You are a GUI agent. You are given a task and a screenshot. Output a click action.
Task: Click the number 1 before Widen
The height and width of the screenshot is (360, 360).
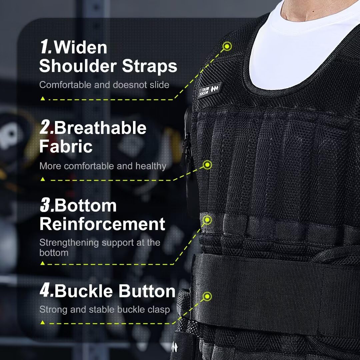tap(45, 47)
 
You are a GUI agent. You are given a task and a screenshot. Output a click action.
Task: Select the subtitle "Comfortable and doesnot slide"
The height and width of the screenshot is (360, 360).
tap(104, 85)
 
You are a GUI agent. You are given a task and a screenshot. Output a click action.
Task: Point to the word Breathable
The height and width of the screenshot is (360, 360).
tap(100, 128)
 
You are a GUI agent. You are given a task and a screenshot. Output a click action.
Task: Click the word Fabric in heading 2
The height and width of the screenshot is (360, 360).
tap(66, 146)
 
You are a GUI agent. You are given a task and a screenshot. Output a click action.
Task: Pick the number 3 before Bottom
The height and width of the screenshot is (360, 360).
tap(45, 206)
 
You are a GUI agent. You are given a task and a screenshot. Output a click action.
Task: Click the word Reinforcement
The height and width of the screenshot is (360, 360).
tap(102, 224)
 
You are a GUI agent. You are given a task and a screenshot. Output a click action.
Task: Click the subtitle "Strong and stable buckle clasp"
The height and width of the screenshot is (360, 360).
tap(104, 309)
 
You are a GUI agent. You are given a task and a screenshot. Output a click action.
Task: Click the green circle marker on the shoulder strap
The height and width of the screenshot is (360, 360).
tap(227, 46)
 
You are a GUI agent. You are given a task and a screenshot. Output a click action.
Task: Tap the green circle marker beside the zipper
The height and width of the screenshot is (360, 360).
tap(208, 164)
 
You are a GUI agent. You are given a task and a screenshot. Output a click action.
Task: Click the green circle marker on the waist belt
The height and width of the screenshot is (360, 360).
tap(208, 296)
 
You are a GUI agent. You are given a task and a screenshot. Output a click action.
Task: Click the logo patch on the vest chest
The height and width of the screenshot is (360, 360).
tap(209, 89)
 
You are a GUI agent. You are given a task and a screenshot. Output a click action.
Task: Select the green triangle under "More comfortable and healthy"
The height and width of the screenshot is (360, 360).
tap(42, 179)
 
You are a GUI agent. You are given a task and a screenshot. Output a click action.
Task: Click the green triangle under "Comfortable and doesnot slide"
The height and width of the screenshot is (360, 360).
tap(42, 99)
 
